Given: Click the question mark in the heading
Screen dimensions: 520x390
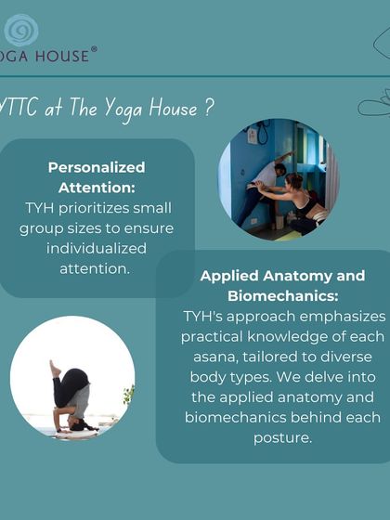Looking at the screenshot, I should [210, 108].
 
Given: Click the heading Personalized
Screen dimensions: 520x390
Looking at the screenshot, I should [97, 167].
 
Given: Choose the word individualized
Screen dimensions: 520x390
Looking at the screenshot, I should [97, 248].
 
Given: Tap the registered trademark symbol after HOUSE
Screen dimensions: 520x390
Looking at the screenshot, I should [93, 50].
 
